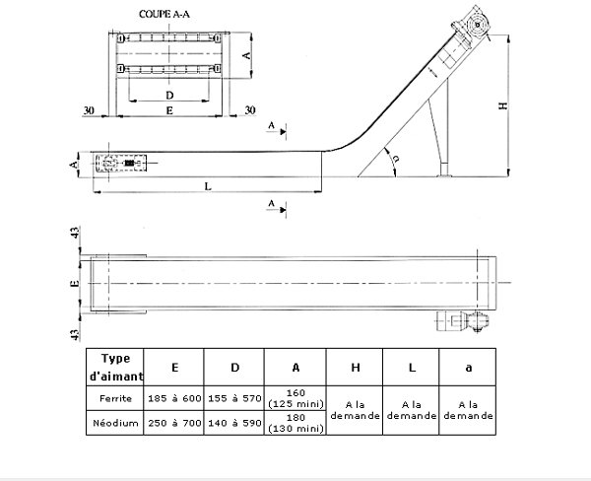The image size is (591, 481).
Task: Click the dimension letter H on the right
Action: pyautogui.click(x=502, y=107)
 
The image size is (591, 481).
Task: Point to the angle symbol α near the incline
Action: pyautogui.click(x=395, y=159)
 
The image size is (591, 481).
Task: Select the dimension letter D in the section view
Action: pyautogui.click(x=169, y=95)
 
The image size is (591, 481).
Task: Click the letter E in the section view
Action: pyautogui.click(x=169, y=112)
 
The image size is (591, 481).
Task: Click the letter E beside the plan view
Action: pyautogui.click(x=74, y=282)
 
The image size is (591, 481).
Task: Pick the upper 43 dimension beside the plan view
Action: pyautogui.click(x=74, y=236)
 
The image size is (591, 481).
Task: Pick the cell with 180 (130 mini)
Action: pyautogui.click(x=295, y=423)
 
